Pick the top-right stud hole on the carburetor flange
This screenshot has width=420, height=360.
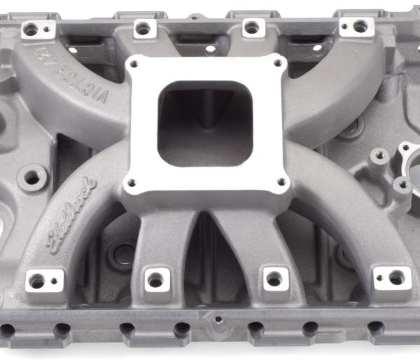pyautogui.click(x=278, y=64)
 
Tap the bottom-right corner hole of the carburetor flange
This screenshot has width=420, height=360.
pyautogui.click(x=282, y=181)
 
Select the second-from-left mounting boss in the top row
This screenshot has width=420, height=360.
pyautogui.click(x=142, y=29)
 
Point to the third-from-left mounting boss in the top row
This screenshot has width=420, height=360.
pyautogui.click(x=251, y=27)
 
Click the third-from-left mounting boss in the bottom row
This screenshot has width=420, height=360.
pyautogui.click(x=274, y=279)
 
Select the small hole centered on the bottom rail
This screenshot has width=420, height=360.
pyautogui.click(x=219, y=319)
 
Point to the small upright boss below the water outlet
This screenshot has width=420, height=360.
pyautogui.click(x=401, y=186)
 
